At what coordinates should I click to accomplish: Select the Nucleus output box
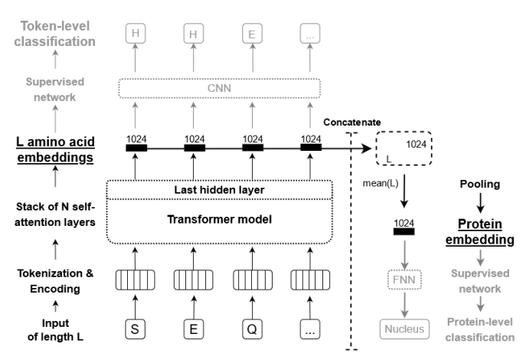pos(403,329)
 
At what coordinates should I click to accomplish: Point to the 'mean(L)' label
pos(379,184)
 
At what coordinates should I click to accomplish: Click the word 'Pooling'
pos(479,185)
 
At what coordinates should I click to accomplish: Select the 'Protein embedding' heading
pos(479,231)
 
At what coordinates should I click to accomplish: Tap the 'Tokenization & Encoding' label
pos(47,283)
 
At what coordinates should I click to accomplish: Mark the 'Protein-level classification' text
pos(479,330)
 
